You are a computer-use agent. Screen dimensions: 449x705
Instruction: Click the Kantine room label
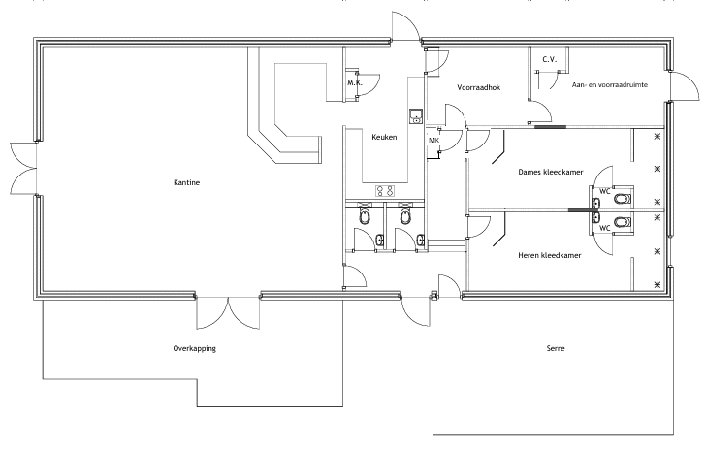(x=186, y=182)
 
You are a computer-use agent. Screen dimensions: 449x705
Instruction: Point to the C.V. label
(x=548, y=58)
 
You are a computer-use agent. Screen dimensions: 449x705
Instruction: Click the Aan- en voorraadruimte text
(x=611, y=85)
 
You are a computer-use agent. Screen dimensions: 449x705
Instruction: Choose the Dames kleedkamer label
(x=550, y=172)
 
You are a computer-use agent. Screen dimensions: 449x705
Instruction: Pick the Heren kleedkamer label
(x=550, y=255)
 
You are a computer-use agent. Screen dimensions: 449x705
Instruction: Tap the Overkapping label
(x=187, y=347)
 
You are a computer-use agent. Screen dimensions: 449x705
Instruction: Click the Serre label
(x=555, y=347)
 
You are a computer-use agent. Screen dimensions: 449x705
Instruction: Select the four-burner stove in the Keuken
(x=384, y=190)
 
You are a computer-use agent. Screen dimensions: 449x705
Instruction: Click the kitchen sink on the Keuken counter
(x=416, y=118)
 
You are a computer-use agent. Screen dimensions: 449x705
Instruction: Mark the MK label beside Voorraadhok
(x=433, y=141)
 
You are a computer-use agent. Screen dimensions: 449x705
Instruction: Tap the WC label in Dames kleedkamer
(x=604, y=191)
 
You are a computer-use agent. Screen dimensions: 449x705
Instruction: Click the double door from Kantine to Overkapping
(x=229, y=310)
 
